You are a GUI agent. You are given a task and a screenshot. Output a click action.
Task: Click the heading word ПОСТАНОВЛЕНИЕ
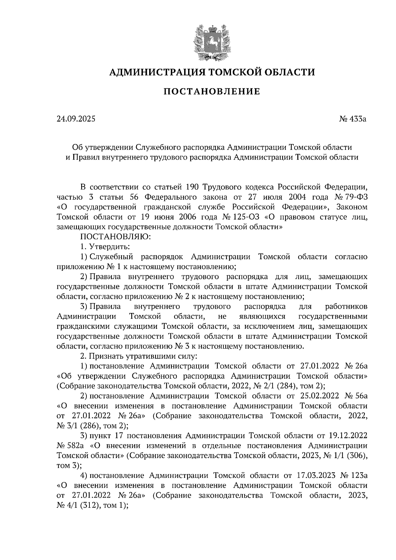pyautogui.click(x=212, y=91)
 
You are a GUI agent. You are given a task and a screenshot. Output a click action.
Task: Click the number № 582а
pyautogui.click(x=71, y=446)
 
